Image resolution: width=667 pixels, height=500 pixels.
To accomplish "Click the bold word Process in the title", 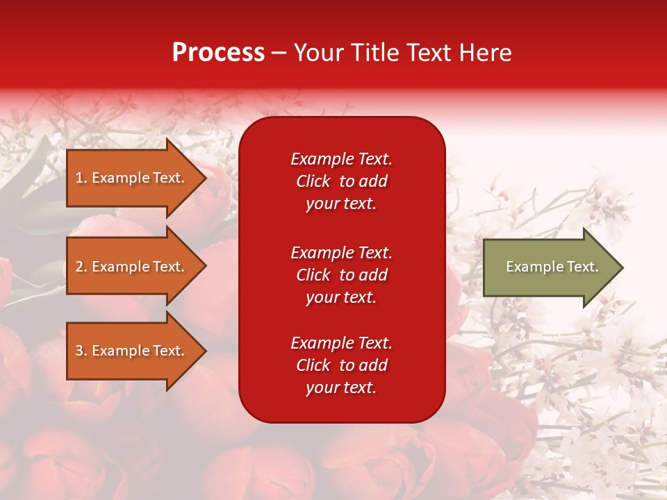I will (x=218, y=53).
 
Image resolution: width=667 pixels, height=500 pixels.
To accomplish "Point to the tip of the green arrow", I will (x=620, y=267).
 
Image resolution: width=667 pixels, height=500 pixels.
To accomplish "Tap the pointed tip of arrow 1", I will (x=204, y=178).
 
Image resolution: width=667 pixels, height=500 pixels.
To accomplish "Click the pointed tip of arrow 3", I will (x=204, y=351).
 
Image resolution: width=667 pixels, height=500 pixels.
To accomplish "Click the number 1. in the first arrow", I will (x=81, y=178).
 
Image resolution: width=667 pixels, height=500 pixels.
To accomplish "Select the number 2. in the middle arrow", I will (x=81, y=267).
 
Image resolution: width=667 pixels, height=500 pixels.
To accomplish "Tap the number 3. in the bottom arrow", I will (x=81, y=351).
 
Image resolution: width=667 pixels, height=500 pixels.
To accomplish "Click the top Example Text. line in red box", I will (x=341, y=159).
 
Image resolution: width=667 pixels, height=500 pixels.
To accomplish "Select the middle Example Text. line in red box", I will (x=341, y=252).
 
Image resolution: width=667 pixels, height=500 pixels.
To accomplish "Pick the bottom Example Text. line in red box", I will (x=341, y=343).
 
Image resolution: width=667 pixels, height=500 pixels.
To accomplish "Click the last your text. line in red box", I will (x=341, y=387).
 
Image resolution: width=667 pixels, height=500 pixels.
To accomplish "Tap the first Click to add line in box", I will (x=341, y=181).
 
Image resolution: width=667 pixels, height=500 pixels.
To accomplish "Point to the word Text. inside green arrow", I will (x=582, y=267).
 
